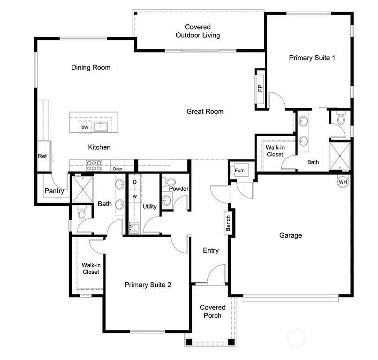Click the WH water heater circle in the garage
tap(343, 181)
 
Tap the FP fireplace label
tap(260, 89)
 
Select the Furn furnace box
tap(240, 171)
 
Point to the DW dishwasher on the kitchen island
tap(85, 127)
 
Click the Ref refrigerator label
tap(42, 156)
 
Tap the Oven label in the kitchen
tap(117, 169)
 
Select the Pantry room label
tap(54, 191)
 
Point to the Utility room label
tap(150, 206)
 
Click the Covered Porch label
tap(212, 311)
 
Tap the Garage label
tap(290, 235)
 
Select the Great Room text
tap(205, 112)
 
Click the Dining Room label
tap(91, 67)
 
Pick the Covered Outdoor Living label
tap(197, 31)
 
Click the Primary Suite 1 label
tap(312, 58)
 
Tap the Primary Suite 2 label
tap(148, 284)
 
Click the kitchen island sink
tap(100, 127)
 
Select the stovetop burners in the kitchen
tap(94, 165)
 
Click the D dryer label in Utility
tap(134, 181)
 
